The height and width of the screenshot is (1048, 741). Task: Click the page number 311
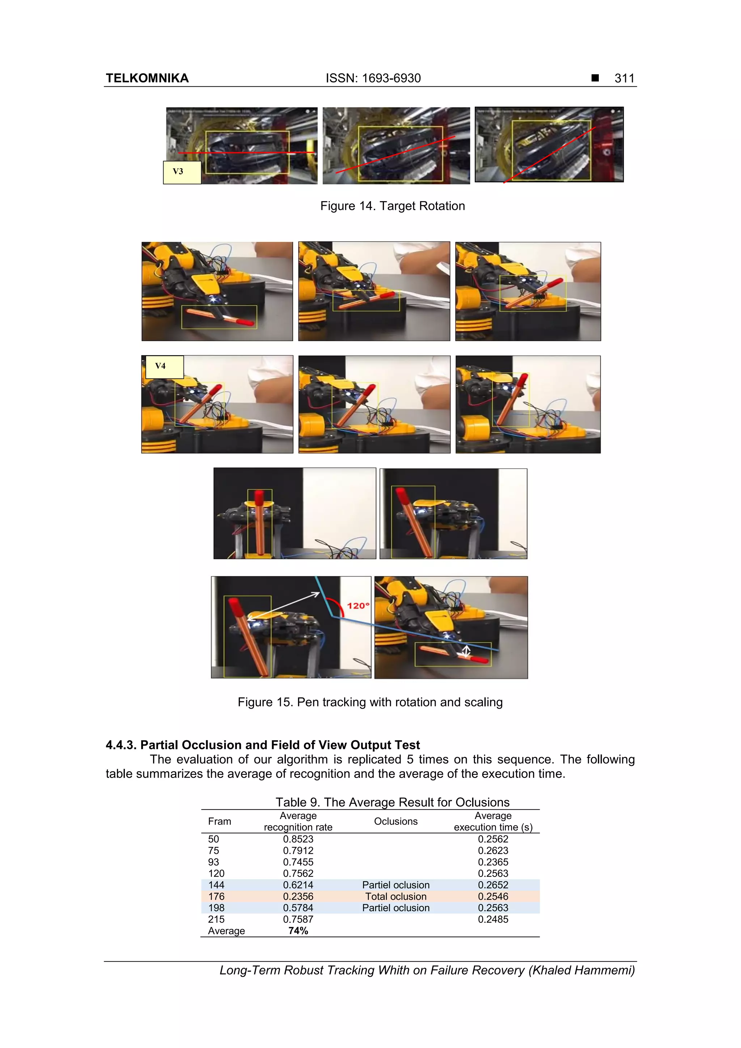(624, 78)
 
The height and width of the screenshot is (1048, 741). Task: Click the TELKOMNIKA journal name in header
(147, 78)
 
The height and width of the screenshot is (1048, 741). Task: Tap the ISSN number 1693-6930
(391, 78)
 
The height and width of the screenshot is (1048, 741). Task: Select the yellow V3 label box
(182, 172)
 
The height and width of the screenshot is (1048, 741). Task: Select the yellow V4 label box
(164, 366)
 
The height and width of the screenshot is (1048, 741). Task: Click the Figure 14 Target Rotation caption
(392, 206)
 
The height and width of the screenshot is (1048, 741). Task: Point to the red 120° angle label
(357, 606)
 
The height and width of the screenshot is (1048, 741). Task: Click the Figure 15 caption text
(370, 702)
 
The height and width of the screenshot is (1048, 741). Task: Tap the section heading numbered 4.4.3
(263, 745)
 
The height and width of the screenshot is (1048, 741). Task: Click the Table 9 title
(392, 802)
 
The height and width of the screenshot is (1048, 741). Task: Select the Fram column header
(219, 821)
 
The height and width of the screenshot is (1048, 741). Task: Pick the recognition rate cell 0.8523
(298, 839)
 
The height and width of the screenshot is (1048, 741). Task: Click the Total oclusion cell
(395, 896)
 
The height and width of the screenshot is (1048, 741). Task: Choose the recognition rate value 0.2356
(298, 896)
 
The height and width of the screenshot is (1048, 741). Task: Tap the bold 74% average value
(298, 931)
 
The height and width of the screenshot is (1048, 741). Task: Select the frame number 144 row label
(216, 885)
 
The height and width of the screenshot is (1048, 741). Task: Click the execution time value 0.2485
(493, 919)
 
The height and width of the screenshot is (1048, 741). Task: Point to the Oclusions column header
(395, 821)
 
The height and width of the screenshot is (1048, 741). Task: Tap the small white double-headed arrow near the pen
(466, 651)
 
